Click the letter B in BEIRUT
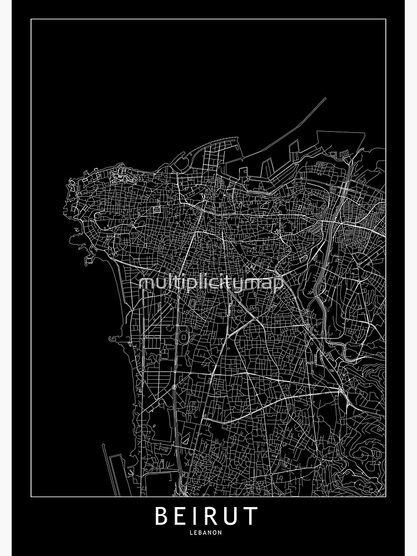(x=161, y=517)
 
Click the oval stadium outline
(x=182, y=336)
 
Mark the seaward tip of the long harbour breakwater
(x=325, y=99)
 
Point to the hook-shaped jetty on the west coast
(x=113, y=338)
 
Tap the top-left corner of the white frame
(x=31, y=19)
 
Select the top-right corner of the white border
(x=386, y=19)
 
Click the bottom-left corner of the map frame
(x=31, y=496)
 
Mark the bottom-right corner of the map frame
(x=386, y=496)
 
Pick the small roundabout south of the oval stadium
(x=174, y=386)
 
